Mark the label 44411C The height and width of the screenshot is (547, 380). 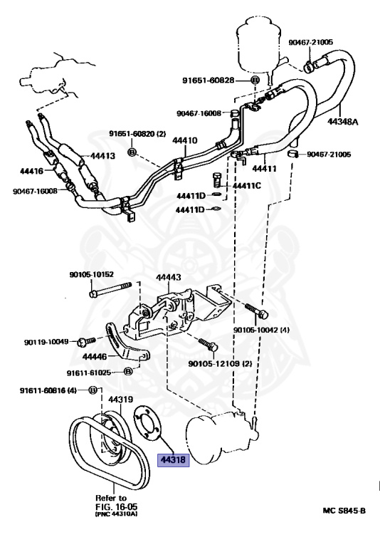(245, 186)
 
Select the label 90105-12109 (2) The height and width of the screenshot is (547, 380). (220, 364)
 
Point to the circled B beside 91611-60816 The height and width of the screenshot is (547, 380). (93, 390)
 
